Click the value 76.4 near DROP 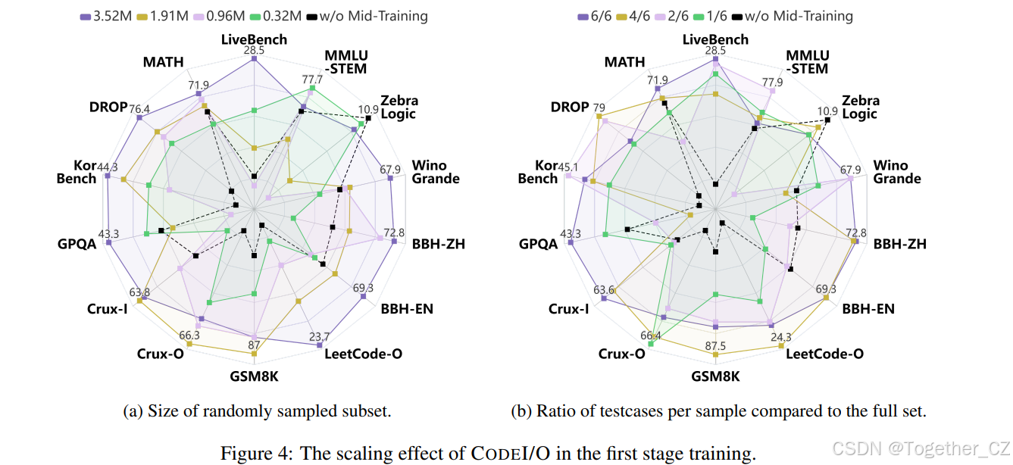coord(139,109)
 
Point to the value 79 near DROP coord(599,107)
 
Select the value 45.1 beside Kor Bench coord(568,167)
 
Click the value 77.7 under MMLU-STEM coord(313,79)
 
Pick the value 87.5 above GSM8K coord(715,346)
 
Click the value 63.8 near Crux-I coord(139,292)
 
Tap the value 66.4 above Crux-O coord(649,335)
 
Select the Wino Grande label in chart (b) coord(896,172)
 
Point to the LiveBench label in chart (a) coord(254,39)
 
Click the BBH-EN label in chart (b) coord(868,308)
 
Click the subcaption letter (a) coord(133,411)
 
